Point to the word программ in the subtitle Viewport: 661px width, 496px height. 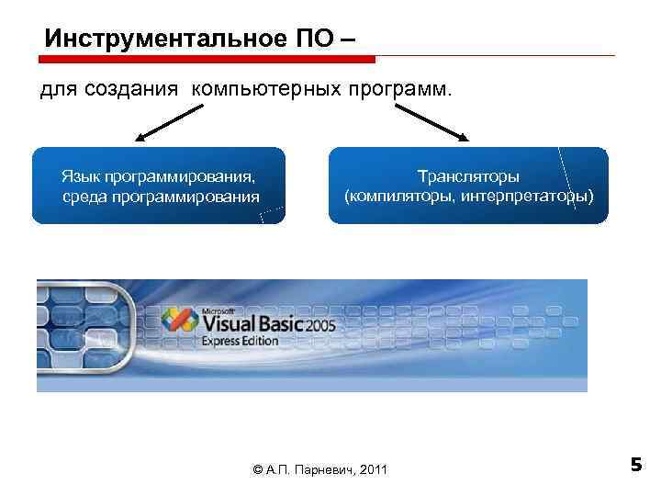[x=397, y=90]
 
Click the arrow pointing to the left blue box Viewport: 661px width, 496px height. [x=170, y=122]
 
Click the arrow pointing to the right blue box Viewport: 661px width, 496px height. [x=431, y=122]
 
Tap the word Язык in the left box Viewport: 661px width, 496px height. [x=81, y=176]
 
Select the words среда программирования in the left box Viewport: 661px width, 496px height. [x=160, y=196]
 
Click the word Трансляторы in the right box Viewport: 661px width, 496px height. [x=468, y=176]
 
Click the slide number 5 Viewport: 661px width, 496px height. [x=636, y=465]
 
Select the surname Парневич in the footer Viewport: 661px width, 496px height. [x=324, y=470]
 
